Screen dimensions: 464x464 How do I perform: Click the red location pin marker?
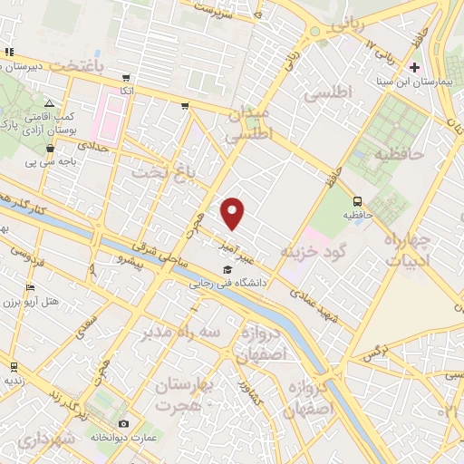pos(234,213)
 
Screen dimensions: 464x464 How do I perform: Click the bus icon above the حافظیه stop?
pos(358,201)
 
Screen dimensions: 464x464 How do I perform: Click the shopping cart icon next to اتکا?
pos(126,78)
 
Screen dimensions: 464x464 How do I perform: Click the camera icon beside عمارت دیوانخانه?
pos(123,423)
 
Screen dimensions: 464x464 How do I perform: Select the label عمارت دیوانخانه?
pos(124,437)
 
